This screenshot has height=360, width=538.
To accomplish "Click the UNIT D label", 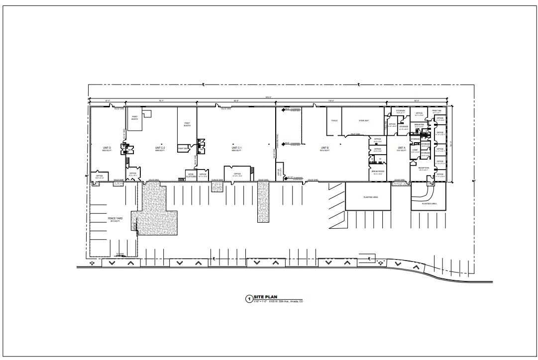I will point(107,148).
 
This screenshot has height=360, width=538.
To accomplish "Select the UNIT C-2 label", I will point(160,148).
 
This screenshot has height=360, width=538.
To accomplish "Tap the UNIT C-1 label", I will point(236,148).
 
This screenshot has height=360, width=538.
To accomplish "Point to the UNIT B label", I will point(325,148).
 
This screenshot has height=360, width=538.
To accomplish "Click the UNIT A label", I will point(401,148).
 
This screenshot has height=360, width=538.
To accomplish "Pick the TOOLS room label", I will point(334,120).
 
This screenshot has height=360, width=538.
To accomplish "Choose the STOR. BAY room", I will point(363,120).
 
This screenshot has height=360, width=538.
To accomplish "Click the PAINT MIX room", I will point(182,149).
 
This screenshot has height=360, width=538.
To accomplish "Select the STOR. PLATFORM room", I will point(190,175).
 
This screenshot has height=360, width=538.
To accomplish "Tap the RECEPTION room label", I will point(424,169).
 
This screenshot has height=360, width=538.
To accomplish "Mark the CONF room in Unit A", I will point(415,151).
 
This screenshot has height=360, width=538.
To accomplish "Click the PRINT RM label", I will point(436,111).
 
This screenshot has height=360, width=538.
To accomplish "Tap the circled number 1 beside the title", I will point(249,299).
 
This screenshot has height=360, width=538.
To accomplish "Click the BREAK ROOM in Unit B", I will point(378,172).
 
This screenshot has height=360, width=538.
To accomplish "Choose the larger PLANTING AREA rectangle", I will point(368,197).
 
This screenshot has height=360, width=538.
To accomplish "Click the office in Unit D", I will point(99,176).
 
